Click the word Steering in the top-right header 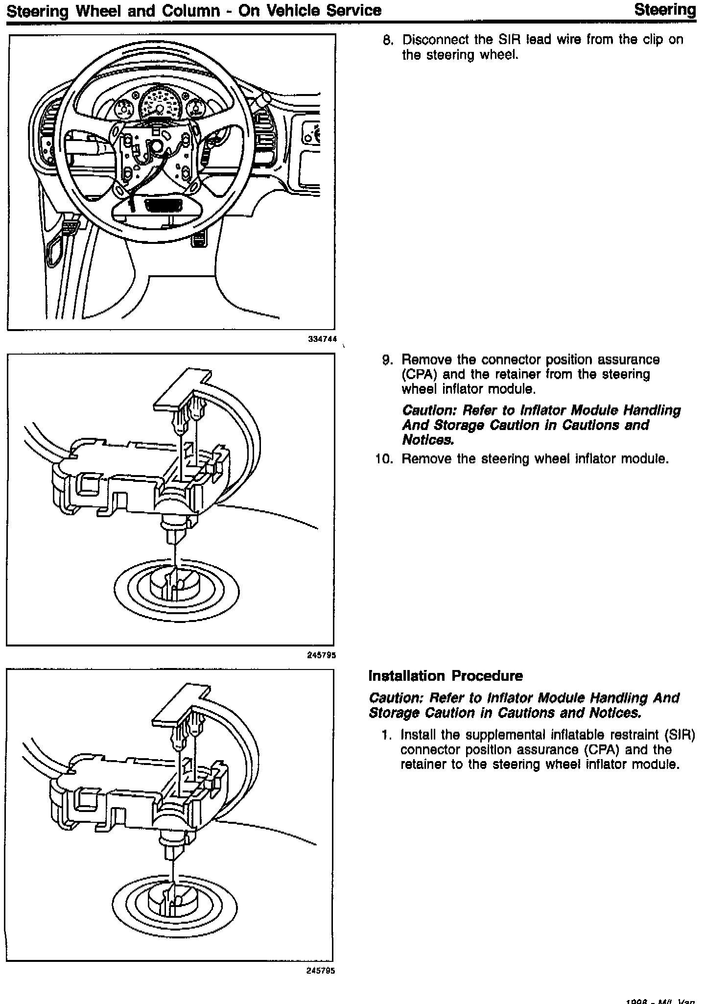664,10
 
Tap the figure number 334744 322,338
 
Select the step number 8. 387,40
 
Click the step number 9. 387,360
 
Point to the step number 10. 384,459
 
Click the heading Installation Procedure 446,676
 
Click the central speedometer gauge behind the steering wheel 159,104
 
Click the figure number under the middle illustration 321,655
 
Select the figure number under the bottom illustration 321,971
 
